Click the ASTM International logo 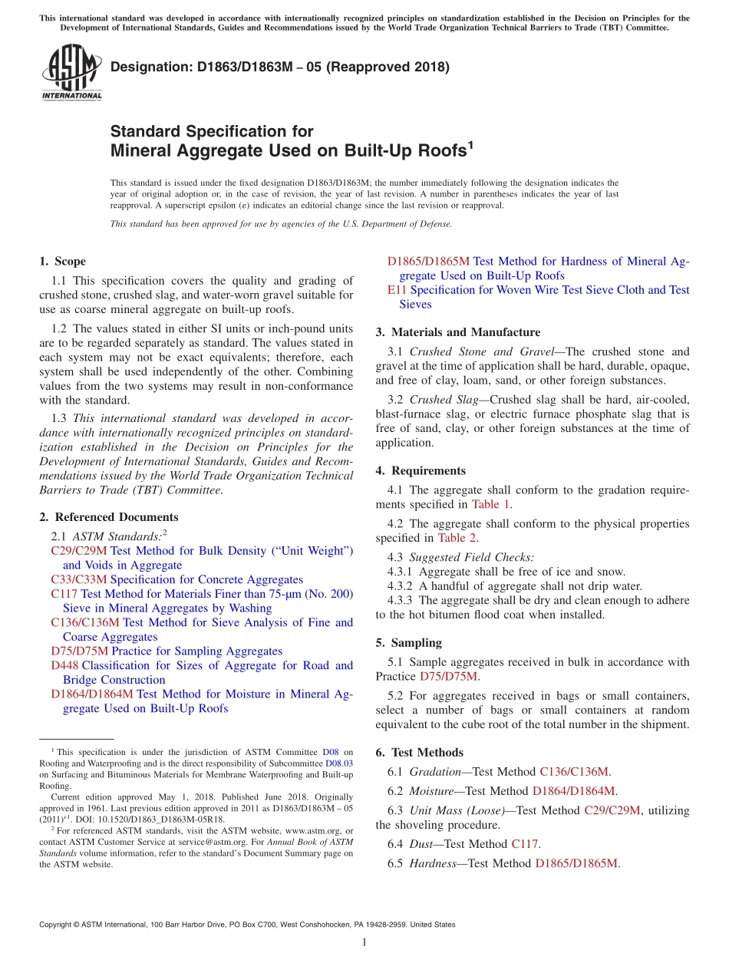[71, 73]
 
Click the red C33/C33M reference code [79, 579]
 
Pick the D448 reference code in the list [64, 665]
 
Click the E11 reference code [397, 290]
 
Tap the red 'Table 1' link [490, 504]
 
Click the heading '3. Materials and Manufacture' [458, 332]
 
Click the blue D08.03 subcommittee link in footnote [339, 763]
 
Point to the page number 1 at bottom [364, 943]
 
